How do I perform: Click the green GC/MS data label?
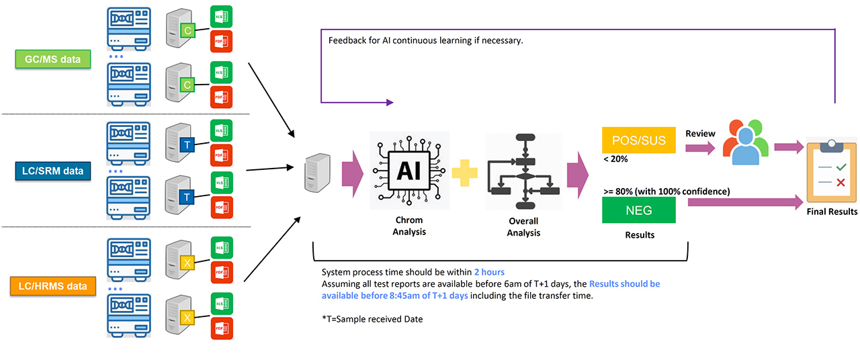[52, 59]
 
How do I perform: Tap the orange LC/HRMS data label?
[52, 287]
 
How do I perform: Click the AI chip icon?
[408, 171]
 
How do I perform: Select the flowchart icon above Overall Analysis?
[523, 171]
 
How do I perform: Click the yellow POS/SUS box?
[638, 140]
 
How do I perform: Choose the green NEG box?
[638, 210]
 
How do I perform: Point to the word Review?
[700, 133]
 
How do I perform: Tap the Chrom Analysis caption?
[408, 226]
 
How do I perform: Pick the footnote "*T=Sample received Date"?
[372, 319]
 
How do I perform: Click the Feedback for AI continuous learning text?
[425, 40]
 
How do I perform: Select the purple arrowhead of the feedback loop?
[388, 103]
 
